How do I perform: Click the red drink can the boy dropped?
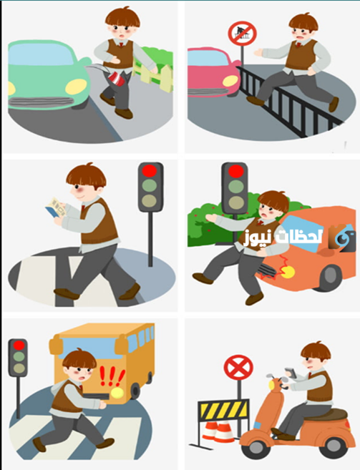pyautogui.click(x=115, y=79)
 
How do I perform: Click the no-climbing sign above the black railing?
pyautogui.click(x=243, y=34)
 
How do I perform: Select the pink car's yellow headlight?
pyautogui.click(x=230, y=82)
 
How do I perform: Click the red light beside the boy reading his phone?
pyautogui.click(x=150, y=170)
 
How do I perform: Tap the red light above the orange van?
pyautogui.click(x=235, y=171)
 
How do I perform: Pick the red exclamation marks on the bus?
pyautogui.click(x=112, y=376)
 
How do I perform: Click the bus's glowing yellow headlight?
pyautogui.click(x=117, y=392)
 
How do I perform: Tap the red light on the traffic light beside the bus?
pyautogui.click(x=19, y=346)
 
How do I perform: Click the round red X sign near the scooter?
pyautogui.click(x=238, y=368)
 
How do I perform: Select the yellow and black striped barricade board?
pyautogui.click(x=224, y=410)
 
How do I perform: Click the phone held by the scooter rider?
pyautogui.click(x=291, y=372)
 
